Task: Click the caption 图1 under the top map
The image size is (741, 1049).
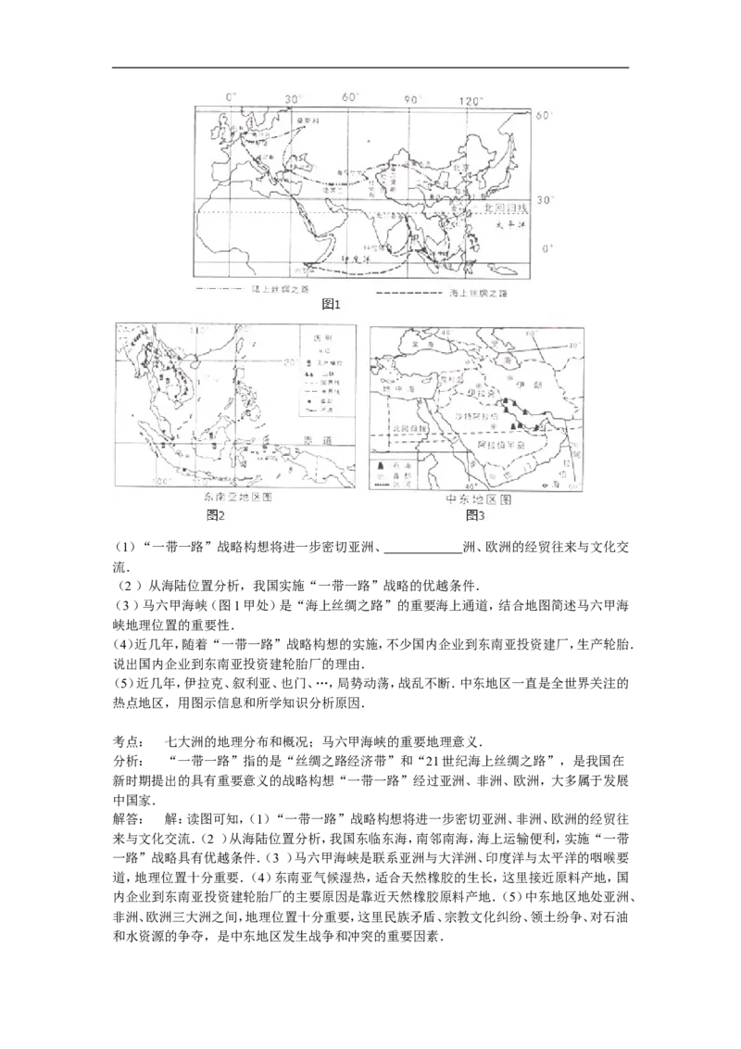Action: pyautogui.click(x=332, y=303)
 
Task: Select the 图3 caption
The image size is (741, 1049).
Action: pyautogui.click(x=475, y=514)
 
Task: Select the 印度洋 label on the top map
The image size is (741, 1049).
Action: pyautogui.click(x=357, y=259)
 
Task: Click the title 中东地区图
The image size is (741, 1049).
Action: pyautogui.click(x=479, y=499)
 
